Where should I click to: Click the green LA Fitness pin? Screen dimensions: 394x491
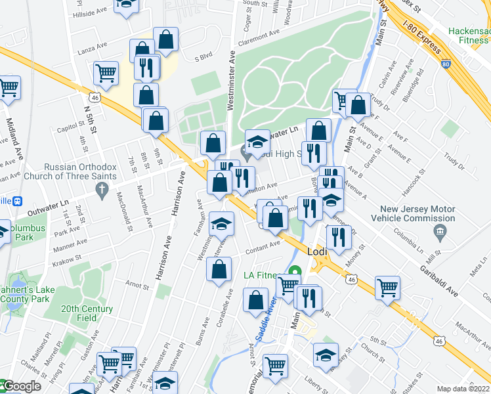pyautogui.click(x=295, y=270)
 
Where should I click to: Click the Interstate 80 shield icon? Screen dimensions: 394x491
pyautogui.click(x=446, y=64)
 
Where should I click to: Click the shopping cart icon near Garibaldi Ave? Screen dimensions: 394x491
pyautogui.click(x=387, y=286)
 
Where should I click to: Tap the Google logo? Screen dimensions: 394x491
pyautogui.click(x=21, y=386)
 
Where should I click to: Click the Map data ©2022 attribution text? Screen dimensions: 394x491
pyautogui.click(x=463, y=389)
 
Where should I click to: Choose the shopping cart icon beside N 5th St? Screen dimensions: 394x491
pyautogui.click(x=106, y=74)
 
